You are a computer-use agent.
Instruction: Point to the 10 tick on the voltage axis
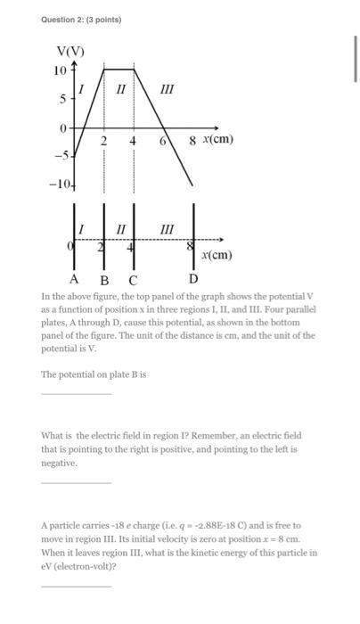[x=59, y=70]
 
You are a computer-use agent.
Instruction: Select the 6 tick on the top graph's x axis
[x=163, y=141]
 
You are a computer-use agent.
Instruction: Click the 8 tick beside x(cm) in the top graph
[x=192, y=140]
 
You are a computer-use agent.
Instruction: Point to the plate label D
[x=192, y=279]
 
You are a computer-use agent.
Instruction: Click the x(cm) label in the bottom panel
[x=216, y=255]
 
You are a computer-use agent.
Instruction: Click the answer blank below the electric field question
[x=76, y=482]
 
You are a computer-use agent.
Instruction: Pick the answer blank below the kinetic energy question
[x=76, y=586]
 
